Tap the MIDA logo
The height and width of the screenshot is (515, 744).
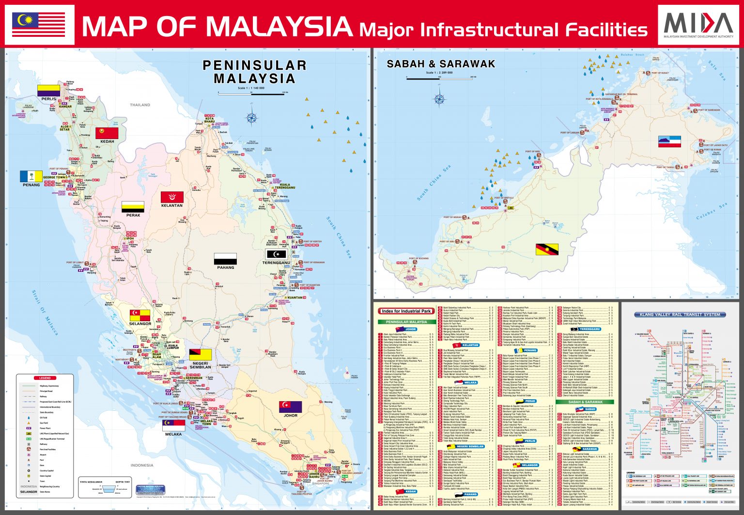(698, 25)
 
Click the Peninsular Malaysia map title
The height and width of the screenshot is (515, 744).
(254, 72)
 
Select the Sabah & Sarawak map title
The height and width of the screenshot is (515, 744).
(441, 64)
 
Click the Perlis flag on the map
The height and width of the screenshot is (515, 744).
(48, 91)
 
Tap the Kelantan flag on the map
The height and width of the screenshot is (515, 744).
(172, 197)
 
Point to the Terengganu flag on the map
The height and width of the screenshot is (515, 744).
(277, 254)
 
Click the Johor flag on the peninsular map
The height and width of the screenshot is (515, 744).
(290, 406)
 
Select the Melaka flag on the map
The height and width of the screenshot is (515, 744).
(173, 425)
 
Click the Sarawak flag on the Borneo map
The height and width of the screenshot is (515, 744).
(547, 250)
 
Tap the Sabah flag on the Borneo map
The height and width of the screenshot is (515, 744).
(669, 141)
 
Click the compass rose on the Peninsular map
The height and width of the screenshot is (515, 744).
(252, 118)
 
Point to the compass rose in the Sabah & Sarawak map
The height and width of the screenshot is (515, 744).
(439, 99)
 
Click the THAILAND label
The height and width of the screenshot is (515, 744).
(140, 105)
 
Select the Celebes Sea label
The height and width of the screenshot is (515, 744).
(712, 211)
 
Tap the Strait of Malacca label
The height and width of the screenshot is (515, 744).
(45, 313)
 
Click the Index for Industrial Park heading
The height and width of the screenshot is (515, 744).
(405, 311)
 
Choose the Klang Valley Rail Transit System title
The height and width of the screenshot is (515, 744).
(680, 314)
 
